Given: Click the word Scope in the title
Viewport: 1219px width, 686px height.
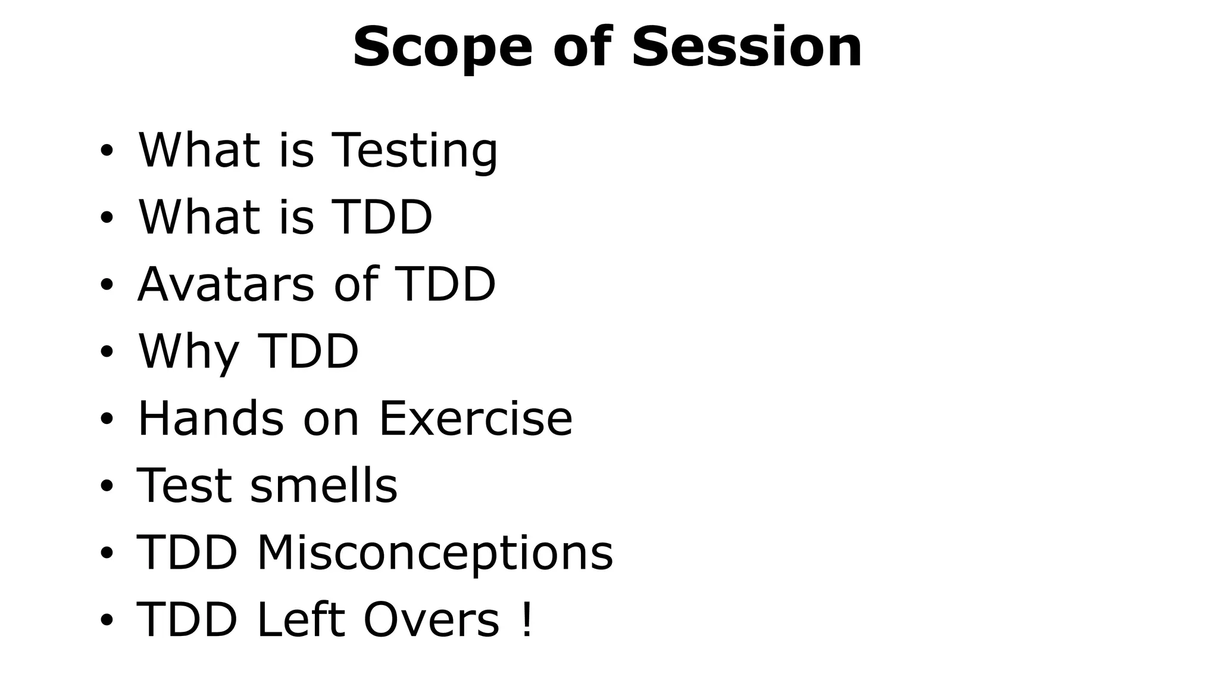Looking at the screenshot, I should pyautogui.click(x=442, y=48).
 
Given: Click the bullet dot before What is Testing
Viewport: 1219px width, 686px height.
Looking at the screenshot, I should pyautogui.click(x=107, y=151).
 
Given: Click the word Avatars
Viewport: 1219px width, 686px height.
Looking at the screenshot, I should pyautogui.click(x=226, y=284).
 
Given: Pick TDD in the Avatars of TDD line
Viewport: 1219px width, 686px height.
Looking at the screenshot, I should pyautogui.click(x=445, y=284).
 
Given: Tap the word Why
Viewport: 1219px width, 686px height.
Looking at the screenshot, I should pyautogui.click(x=187, y=352).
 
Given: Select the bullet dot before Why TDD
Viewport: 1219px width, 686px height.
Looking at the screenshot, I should pyautogui.click(x=107, y=352).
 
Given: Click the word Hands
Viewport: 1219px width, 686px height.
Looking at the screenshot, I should pyautogui.click(x=211, y=418).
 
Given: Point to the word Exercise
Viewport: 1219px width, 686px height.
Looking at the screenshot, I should pyautogui.click(x=475, y=418).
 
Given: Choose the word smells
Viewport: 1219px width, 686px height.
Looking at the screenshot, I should pyautogui.click(x=324, y=485).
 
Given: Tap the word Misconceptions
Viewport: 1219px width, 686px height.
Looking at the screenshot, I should pyautogui.click(x=435, y=553).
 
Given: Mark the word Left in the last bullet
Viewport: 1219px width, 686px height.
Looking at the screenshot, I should pyautogui.click(x=300, y=620).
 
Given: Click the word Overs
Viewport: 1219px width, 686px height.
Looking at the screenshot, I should pyautogui.click(x=431, y=620).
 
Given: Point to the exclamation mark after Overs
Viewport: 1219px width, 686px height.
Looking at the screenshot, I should pyautogui.click(x=526, y=620).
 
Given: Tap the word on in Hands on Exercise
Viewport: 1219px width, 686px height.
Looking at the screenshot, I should pyautogui.click(x=331, y=418).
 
